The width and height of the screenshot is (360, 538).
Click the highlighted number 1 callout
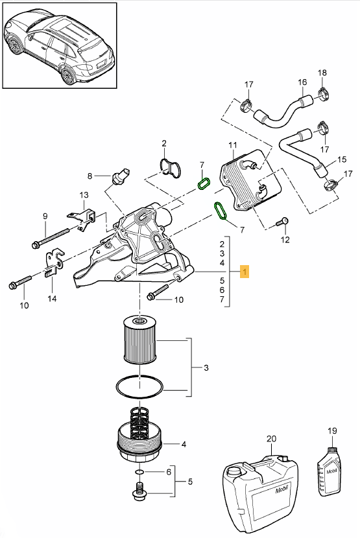(x=245, y=272)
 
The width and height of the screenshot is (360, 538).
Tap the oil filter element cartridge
(x=139, y=340)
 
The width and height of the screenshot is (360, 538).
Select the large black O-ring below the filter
(x=139, y=387)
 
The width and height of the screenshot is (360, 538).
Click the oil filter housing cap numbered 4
(x=140, y=443)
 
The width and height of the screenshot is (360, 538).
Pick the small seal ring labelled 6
(x=139, y=473)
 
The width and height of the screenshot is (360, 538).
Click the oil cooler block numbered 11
(x=250, y=181)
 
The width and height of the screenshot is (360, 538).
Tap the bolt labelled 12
(x=282, y=222)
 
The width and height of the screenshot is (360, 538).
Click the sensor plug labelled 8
(x=121, y=174)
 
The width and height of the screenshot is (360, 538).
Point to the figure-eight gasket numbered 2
(x=171, y=169)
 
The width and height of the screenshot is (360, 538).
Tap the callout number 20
(x=271, y=439)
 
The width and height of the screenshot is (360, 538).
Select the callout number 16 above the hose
(x=302, y=82)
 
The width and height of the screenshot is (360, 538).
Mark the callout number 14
(x=52, y=299)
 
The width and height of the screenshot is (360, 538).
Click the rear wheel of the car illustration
(x=68, y=75)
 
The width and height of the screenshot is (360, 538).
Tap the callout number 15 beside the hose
(x=342, y=159)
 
